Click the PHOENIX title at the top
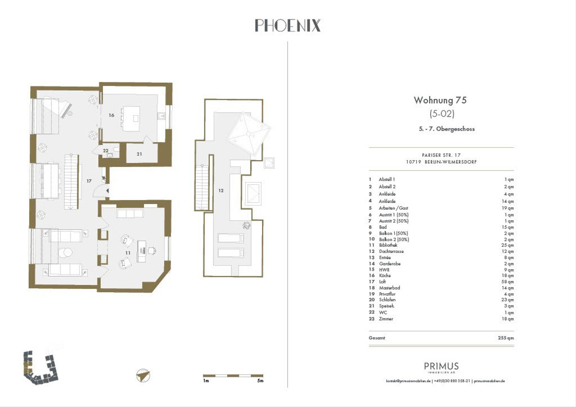(288, 25)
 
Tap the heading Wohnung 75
(440, 100)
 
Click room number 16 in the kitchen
(111, 116)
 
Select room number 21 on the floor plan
(139, 154)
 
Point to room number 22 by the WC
(105, 150)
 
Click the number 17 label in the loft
(89, 181)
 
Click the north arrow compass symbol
(143, 375)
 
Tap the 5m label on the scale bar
(260, 381)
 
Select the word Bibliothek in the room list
(388, 245)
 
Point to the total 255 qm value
(506, 338)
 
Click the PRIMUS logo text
(441, 366)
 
